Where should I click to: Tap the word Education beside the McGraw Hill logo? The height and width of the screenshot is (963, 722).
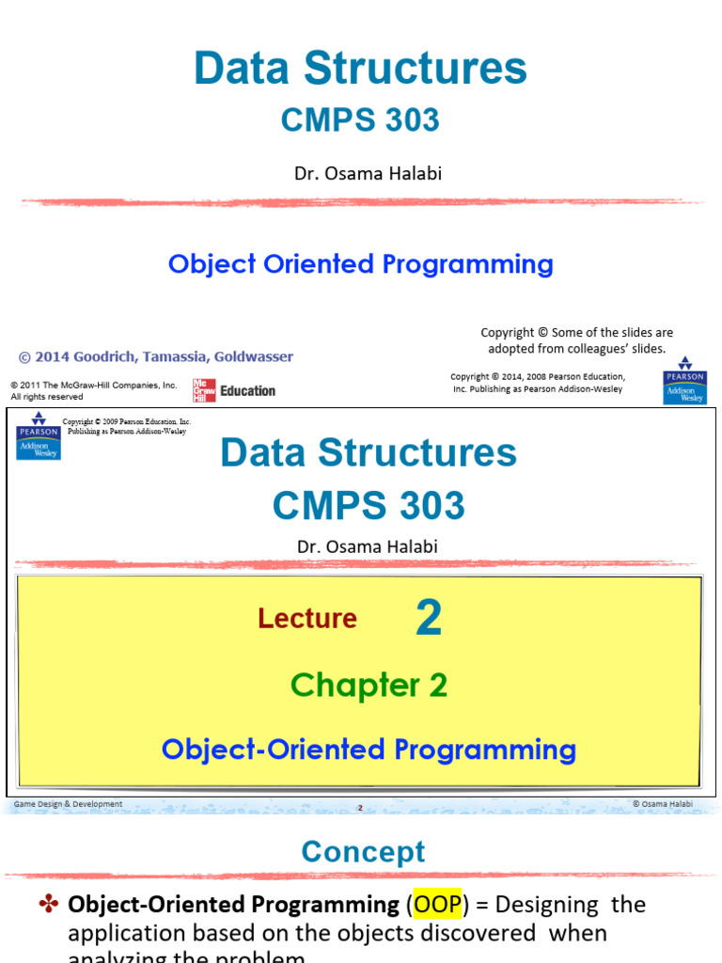[x=248, y=391]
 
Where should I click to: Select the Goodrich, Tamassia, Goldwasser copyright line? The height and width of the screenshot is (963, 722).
[x=156, y=357]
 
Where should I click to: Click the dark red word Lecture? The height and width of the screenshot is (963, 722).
[x=307, y=619]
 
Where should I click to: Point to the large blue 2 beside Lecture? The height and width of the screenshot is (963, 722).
[x=428, y=619]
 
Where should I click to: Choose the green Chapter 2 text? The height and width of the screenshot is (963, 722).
[x=369, y=686]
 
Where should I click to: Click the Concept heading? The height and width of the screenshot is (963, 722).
[x=363, y=852]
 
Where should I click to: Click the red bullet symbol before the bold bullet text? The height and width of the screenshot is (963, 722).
[x=49, y=906]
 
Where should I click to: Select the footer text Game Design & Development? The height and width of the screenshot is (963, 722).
[x=68, y=804]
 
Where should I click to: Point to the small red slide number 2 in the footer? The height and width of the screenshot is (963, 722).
[x=359, y=807]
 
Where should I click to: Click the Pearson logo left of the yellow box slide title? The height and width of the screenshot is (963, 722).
[x=38, y=435]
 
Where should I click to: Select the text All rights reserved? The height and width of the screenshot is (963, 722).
[x=47, y=397]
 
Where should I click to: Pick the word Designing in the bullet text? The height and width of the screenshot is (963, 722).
[x=546, y=906]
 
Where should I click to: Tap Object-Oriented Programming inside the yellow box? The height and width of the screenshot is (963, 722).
[x=369, y=750]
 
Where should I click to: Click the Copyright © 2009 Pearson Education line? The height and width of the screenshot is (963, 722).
[x=126, y=422]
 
